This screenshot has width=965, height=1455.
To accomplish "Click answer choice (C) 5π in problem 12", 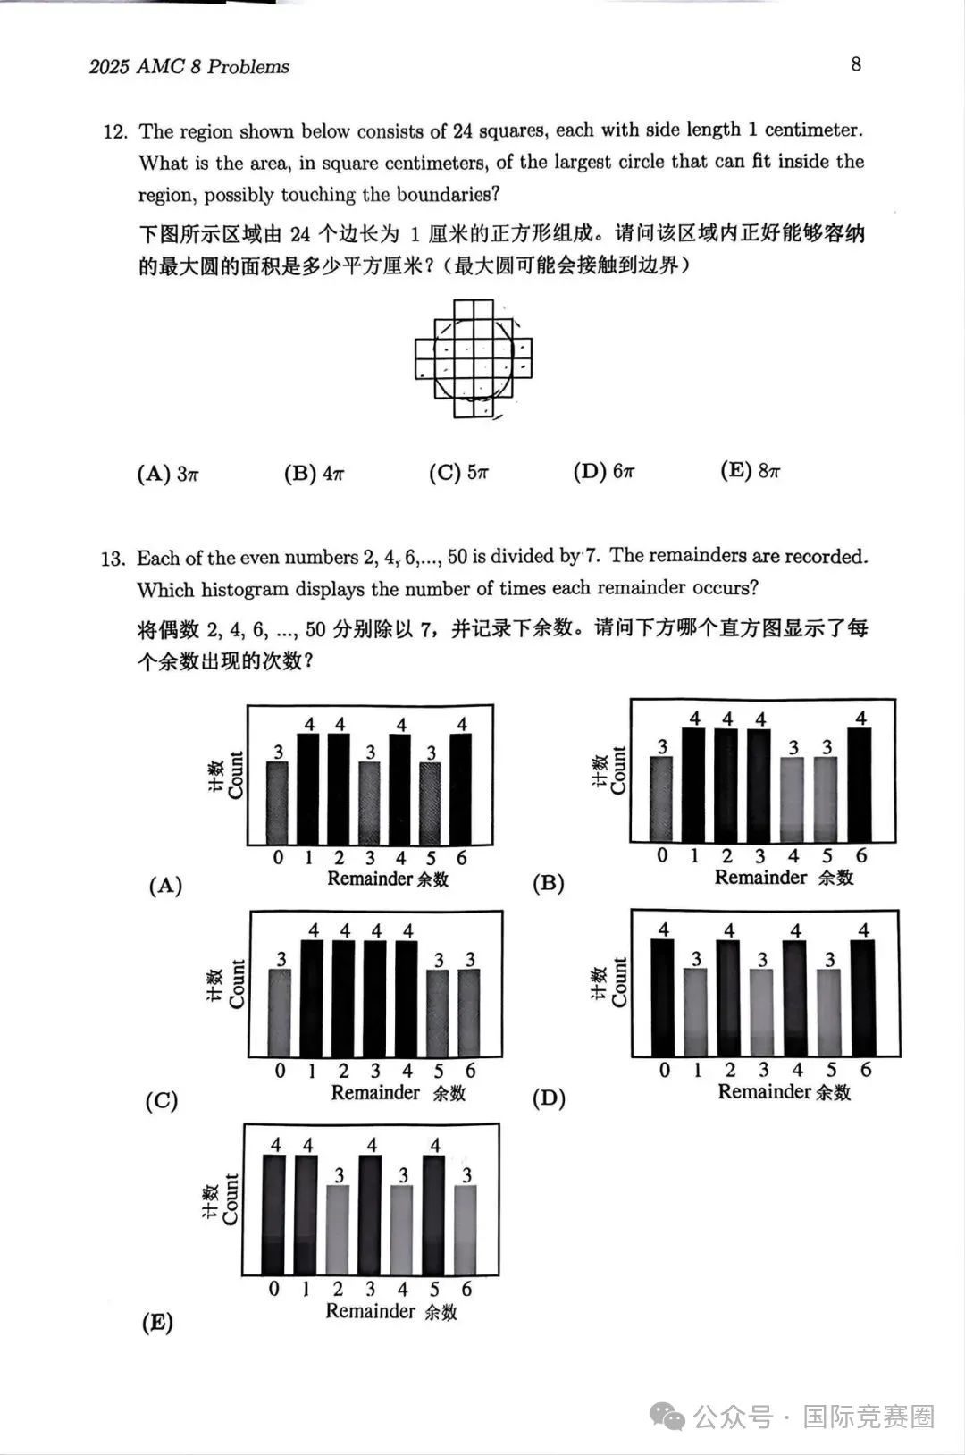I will pos(458,473).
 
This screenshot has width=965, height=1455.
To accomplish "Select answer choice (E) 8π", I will pos(751,471).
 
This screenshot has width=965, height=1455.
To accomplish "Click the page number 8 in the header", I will pos(856,64).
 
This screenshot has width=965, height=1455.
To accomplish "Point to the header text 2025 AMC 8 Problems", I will pos(189,67).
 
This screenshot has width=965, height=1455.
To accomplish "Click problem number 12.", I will pos(116,132).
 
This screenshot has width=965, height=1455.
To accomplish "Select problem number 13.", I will pos(113,559).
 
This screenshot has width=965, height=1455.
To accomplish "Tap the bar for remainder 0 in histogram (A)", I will pos(278,802).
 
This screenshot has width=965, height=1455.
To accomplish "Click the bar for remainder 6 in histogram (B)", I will pos(860,784).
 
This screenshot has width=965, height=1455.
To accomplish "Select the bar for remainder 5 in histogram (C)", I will pos(438,1013).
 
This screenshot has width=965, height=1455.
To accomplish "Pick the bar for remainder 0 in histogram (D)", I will pos(663,997).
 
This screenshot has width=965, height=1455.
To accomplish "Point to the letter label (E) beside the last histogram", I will pos(157,1322).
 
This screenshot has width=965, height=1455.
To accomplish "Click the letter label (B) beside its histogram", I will pos(548,883).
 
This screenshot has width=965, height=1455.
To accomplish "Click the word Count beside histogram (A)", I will pos(236,774).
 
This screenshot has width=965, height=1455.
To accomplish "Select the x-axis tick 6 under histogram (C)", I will pos(470,1071).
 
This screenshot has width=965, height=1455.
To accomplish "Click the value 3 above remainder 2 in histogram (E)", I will pos(340,1175).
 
